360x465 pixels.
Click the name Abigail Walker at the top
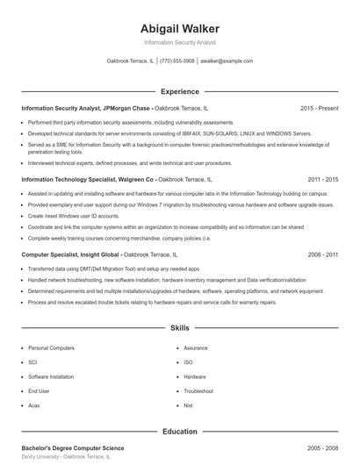(x=180, y=28)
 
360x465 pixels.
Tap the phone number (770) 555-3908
(x=178, y=61)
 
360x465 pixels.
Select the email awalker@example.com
(x=227, y=61)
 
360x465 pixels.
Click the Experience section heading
(x=180, y=91)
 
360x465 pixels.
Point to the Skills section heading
(x=180, y=327)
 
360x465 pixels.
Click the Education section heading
(x=180, y=432)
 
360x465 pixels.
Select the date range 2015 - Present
(x=319, y=108)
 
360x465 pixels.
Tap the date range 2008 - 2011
(x=322, y=254)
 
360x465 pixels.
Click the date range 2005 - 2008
(x=322, y=447)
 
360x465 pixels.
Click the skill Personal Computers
(x=51, y=348)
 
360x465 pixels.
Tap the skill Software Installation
(x=51, y=376)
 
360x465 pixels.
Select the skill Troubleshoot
(x=198, y=390)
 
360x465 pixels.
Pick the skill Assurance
(x=196, y=348)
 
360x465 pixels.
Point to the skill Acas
(x=34, y=405)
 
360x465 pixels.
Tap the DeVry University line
(x=67, y=457)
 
